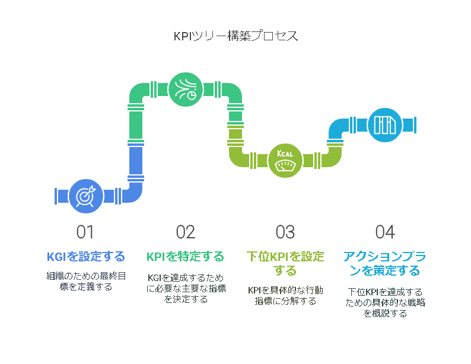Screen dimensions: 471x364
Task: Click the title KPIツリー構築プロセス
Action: click(x=236, y=36)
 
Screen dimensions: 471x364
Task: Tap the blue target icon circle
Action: click(x=86, y=196)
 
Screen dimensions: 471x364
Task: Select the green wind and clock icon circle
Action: click(x=186, y=90)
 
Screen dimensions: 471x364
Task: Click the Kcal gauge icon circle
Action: click(x=285, y=161)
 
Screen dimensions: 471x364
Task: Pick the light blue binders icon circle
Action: click(x=385, y=125)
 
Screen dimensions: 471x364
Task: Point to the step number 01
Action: click(x=85, y=232)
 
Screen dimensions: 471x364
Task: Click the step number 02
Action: click(x=186, y=232)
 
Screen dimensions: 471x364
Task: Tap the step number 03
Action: click(x=285, y=232)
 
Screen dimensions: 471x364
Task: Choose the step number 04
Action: click(x=385, y=232)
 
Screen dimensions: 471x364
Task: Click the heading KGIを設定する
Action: click(x=86, y=257)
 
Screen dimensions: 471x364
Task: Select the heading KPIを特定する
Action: click(x=185, y=257)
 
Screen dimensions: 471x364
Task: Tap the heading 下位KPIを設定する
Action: click(x=285, y=263)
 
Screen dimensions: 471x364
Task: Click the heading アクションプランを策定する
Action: click(x=385, y=263)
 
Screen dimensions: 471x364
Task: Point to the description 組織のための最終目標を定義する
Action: click(x=86, y=281)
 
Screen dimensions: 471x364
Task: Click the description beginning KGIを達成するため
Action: click(x=186, y=288)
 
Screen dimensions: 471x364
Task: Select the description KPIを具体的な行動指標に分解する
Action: click(x=285, y=296)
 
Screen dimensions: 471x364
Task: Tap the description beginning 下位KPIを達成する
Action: click(x=385, y=302)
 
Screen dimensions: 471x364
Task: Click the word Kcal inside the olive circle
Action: click(x=285, y=154)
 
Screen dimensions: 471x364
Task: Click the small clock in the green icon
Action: click(x=192, y=95)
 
